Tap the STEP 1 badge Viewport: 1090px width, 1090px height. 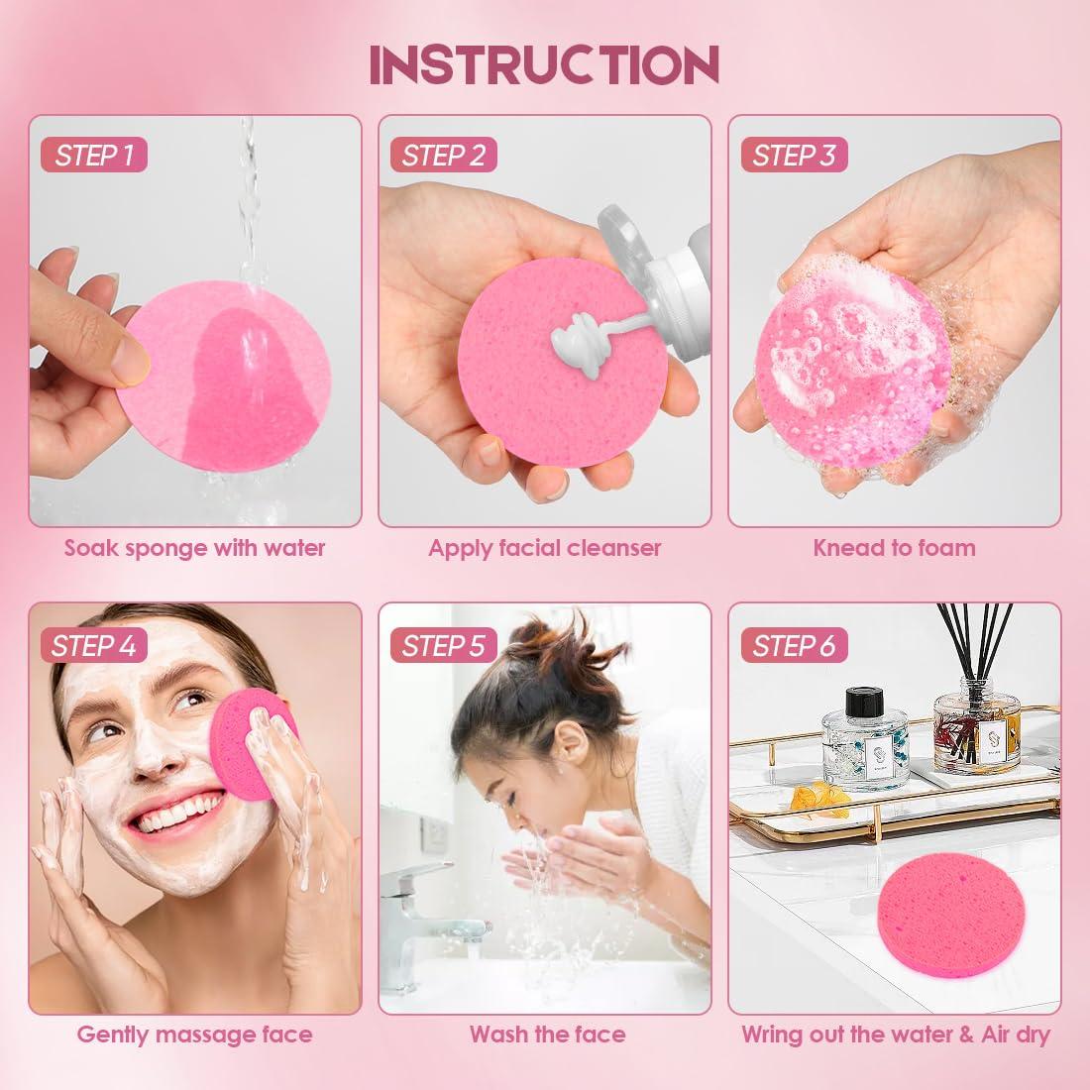point(94,155)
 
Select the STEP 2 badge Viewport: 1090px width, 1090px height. point(443,155)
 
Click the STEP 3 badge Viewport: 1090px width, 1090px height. point(793,155)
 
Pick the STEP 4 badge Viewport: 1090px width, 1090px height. point(94,646)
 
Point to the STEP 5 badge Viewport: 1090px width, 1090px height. point(443,646)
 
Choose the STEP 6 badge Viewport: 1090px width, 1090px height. point(793,646)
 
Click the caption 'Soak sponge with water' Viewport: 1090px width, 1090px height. point(195,548)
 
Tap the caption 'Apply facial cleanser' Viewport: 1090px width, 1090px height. point(544,548)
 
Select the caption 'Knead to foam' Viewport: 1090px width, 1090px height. point(894,548)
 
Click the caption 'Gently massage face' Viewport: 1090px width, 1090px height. point(195,1035)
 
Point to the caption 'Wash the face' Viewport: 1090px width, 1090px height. point(547,1035)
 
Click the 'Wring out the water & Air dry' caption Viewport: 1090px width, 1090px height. point(896,1035)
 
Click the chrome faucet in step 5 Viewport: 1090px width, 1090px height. point(416,892)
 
